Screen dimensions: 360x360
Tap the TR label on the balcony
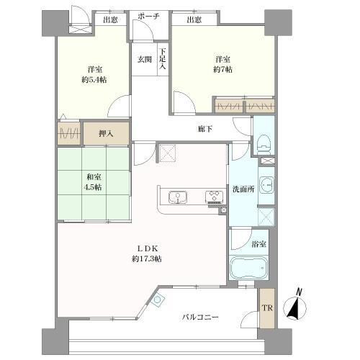pyautogui.click(x=266, y=307)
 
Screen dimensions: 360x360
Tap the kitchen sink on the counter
pyautogui.click(x=177, y=197)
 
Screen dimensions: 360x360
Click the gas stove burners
pyautogui.click(x=214, y=197)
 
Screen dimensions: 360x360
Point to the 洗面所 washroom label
pyautogui.click(x=242, y=189)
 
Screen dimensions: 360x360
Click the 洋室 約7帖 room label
pyautogui.click(x=222, y=63)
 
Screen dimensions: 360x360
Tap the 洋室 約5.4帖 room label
pyautogui.click(x=92, y=75)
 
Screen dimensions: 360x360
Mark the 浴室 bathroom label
pyautogui.click(x=258, y=243)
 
